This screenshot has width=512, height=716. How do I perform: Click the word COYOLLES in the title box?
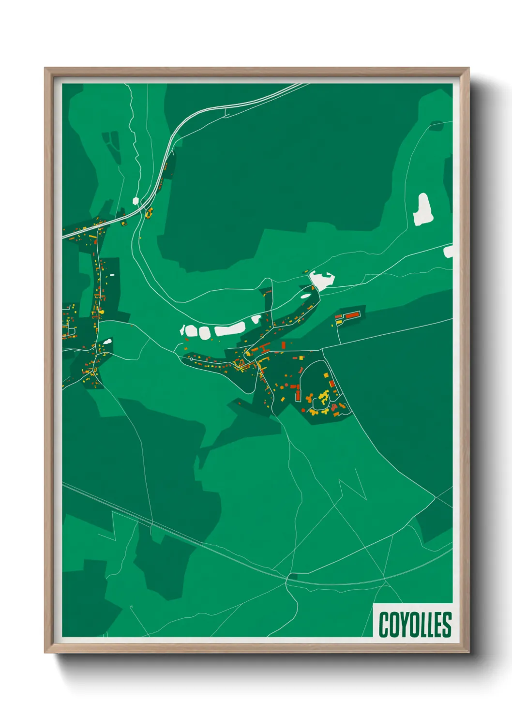[x=415, y=625]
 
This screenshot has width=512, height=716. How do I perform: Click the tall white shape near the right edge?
[x=422, y=209]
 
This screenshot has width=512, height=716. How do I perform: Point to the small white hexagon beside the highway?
[x=136, y=200]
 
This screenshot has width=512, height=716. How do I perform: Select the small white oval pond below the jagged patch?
[x=306, y=296]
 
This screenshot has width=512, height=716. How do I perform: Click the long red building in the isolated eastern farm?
[x=352, y=315]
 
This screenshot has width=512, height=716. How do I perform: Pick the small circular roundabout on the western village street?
[x=192, y=359]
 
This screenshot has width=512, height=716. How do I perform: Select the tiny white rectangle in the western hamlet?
[x=112, y=275]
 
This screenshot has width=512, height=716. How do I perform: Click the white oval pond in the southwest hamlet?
[x=107, y=342]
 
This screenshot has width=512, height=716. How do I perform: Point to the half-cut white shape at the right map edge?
[x=449, y=251]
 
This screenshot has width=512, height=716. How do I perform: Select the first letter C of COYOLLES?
[x=383, y=625]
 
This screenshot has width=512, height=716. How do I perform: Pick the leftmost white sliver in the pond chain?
[x=182, y=330]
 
